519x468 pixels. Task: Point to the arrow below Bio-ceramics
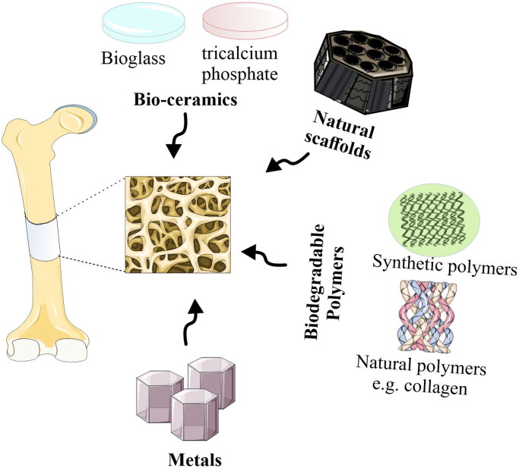tap(177, 136)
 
